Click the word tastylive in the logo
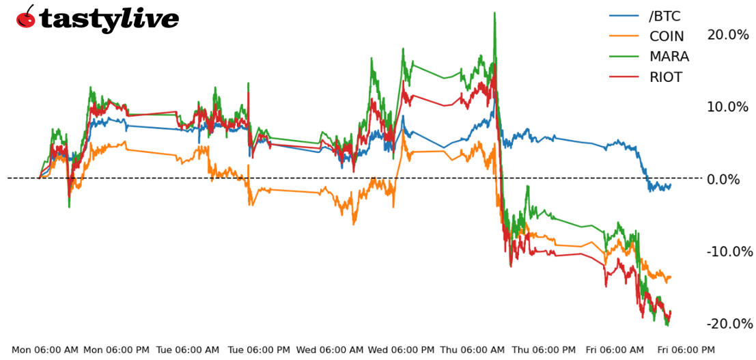[109, 19]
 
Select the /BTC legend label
[664, 16]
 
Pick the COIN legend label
[667, 36]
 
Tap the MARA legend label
[669, 57]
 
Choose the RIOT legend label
[666, 77]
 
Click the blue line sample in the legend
[624, 16]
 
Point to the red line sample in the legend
[624, 77]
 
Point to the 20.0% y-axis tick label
[728, 35]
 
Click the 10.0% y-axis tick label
[728, 107]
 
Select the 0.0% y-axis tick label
[731, 180]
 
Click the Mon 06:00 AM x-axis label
[45, 350]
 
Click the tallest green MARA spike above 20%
[494, 14]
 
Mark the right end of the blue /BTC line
[671, 184]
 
